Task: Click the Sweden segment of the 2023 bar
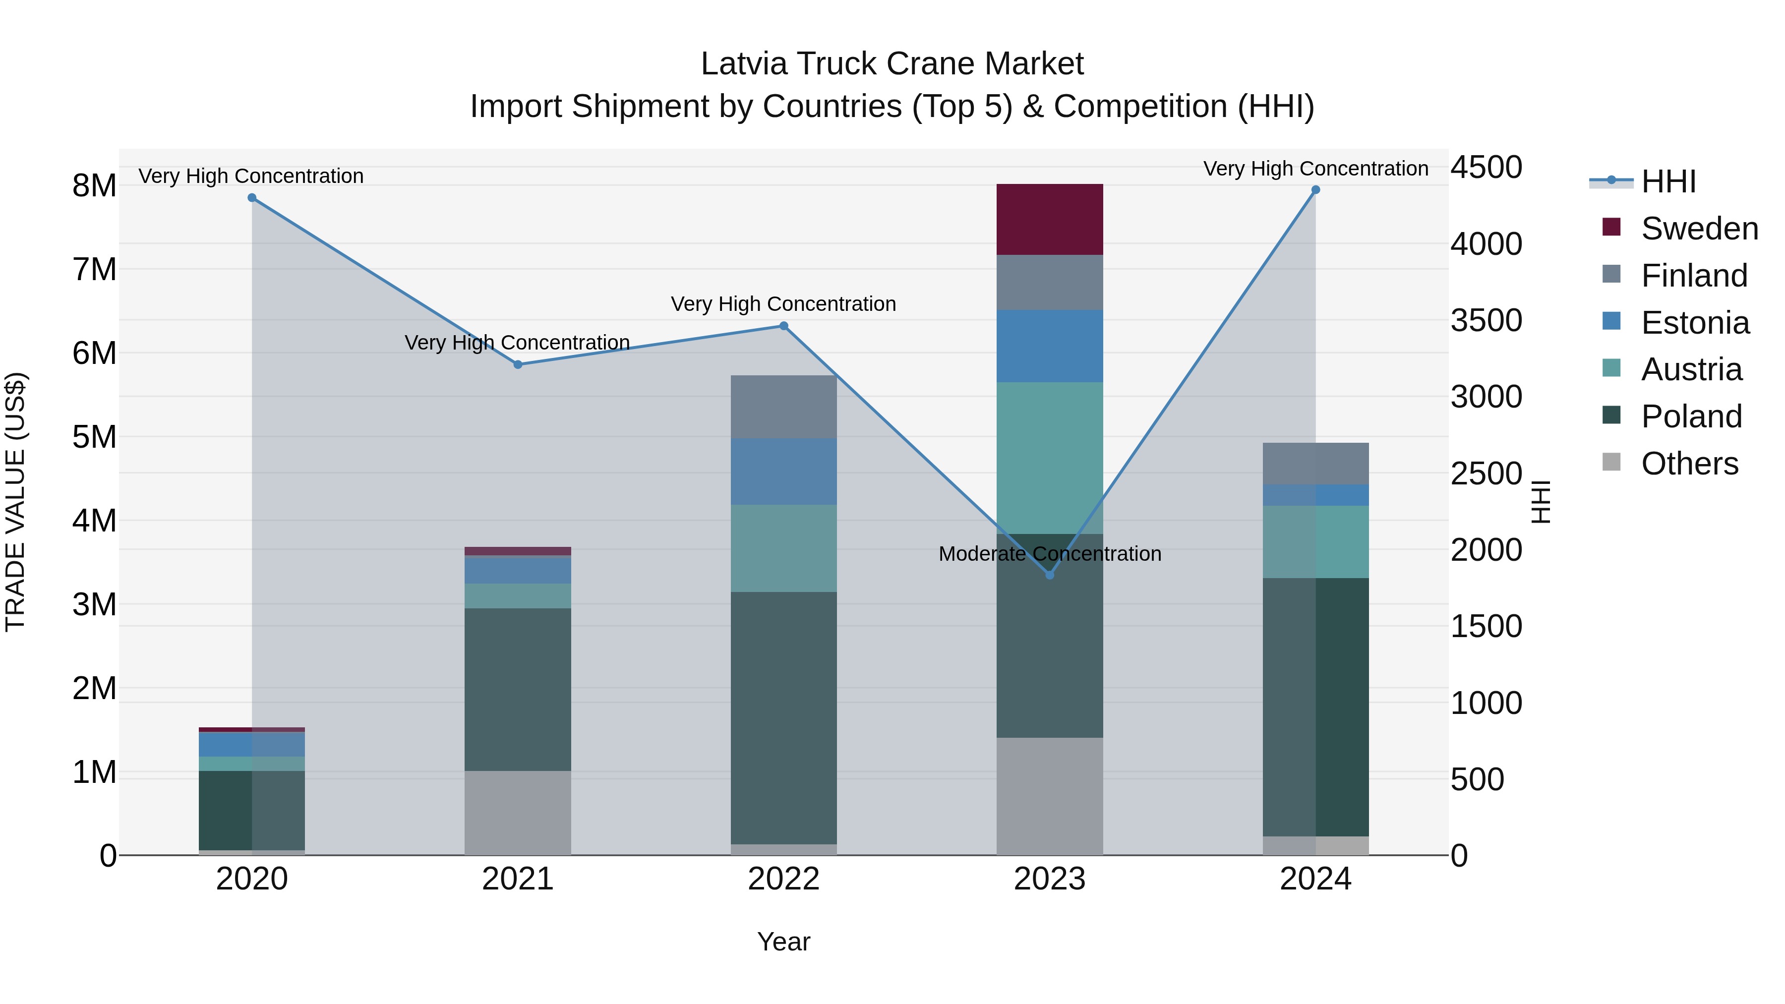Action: (x=1049, y=220)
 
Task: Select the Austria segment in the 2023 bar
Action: (x=1049, y=457)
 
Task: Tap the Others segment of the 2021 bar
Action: (x=518, y=812)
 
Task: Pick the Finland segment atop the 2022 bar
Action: (x=784, y=407)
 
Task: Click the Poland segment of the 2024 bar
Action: (x=1315, y=707)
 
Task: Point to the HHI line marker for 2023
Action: (x=1049, y=575)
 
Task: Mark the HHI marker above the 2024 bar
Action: (x=1315, y=190)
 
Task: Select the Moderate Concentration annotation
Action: (x=1049, y=554)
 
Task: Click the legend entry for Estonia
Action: (x=1694, y=323)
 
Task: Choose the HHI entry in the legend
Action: (x=1668, y=181)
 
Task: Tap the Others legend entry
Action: (x=1689, y=464)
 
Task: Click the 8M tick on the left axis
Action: (x=94, y=186)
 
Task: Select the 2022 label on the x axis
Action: (x=784, y=879)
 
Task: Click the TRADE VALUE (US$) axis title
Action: (x=15, y=502)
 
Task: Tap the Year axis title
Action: (x=784, y=942)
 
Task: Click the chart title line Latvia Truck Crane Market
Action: (x=892, y=64)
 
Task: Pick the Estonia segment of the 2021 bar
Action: (x=518, y=570)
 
